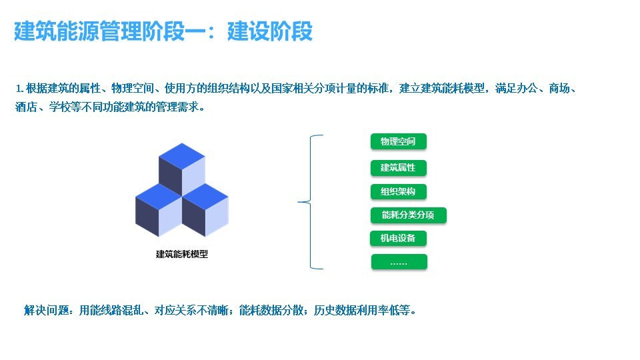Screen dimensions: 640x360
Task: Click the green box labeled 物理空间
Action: [399, 141]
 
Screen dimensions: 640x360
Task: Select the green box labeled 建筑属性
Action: [399, 168]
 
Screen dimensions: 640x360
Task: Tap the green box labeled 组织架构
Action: [399, 191]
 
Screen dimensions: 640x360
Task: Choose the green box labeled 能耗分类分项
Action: [408, 215]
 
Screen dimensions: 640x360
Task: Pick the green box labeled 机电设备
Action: [398, 239]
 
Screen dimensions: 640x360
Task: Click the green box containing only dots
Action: [399, 262]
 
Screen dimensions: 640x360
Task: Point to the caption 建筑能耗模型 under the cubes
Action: [182, 254]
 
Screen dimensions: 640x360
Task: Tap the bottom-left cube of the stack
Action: [159, 210]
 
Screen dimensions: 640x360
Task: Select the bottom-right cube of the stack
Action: [205, 210]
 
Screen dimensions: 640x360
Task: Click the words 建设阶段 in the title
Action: [270, 31]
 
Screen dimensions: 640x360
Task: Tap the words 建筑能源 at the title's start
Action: [57, 31]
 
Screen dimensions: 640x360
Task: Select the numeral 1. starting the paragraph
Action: [19, 89]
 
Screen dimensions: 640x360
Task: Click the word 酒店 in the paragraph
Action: [26, 107]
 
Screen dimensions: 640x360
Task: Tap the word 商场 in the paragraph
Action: [559, 88]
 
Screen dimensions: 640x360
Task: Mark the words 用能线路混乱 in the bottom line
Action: [111, 311]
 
